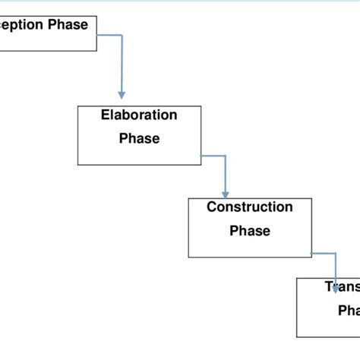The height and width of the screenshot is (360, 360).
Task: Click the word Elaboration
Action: (x=139, y=115)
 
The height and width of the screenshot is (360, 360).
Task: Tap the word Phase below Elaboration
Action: (x=139, y=138)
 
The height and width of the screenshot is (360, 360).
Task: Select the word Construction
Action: (x=249, y=207)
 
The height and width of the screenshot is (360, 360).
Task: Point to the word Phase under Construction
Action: (x=249, y=230)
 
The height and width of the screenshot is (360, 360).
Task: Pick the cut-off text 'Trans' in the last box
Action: (x=343, y=287)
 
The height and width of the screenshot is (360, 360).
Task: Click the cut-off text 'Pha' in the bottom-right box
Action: (x=349, y=311)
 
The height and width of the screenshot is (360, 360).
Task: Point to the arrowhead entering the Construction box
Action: (x=226, y=193)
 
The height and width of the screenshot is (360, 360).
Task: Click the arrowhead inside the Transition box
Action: (x=335, y=289)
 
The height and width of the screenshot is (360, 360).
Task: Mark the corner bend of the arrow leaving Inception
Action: (x=121, y=35)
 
